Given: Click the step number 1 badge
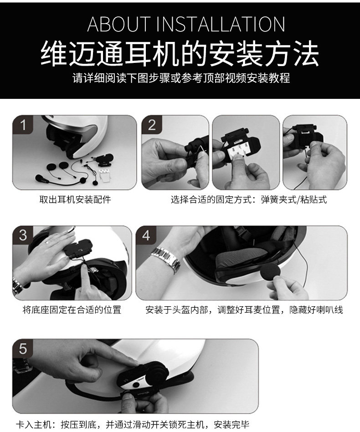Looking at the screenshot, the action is pos(23,125).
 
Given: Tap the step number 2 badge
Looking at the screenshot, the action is pos(152,125).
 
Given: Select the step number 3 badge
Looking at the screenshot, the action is pos(23,236).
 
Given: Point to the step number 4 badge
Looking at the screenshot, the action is pos(146,236).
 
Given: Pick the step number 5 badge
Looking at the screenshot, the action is pos(23,349).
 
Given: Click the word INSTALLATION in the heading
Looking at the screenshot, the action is pos(221,24).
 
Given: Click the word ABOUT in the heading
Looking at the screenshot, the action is pos(119,24).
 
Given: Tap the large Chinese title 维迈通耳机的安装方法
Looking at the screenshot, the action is pos(180,53).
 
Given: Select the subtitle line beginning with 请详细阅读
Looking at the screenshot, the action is pos(181,78).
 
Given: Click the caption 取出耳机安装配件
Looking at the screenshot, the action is pos(75,200).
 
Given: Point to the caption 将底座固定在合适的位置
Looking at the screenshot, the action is pos(72,310).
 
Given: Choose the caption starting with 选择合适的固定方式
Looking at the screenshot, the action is pos(249,200).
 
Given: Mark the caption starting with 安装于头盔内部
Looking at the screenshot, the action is pos(244,310).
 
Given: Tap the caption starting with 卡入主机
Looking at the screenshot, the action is pos(133,424).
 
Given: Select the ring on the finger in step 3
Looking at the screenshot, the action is pos(47,242).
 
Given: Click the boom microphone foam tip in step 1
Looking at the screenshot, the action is pos(41,179).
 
